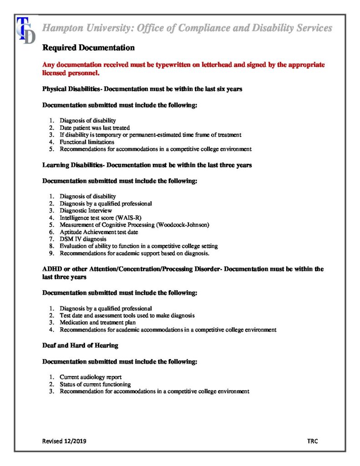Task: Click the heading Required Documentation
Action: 88,48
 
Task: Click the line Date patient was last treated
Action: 95,128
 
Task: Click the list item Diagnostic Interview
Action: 86,211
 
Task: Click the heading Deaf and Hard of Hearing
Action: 80,345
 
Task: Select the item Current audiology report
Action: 91,377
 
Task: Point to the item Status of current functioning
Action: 92,384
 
